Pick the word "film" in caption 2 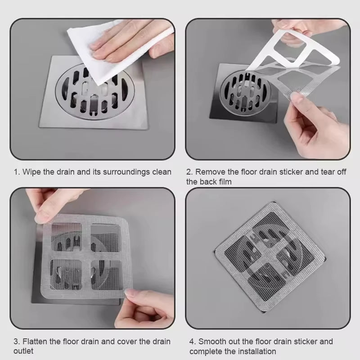[x=225, y=181]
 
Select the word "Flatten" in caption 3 [x=32, y=342]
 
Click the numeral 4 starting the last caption [x=191, y=342]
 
